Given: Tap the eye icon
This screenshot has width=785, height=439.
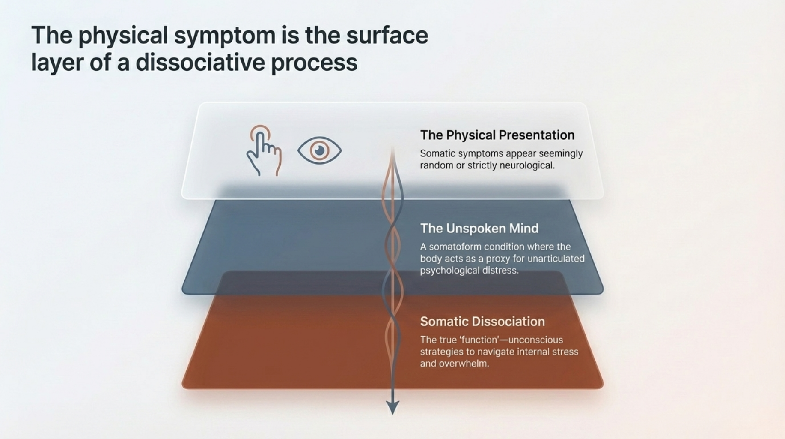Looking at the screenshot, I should click(x=319, y=150).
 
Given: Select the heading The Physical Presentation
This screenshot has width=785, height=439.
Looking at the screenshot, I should click(x=497, y=135).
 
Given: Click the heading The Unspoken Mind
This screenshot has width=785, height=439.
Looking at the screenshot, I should click(x=479, y=228).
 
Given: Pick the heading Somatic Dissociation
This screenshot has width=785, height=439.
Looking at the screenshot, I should click(x=482, y=321).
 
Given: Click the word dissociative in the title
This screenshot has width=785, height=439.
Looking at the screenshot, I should click(x=200, y=63).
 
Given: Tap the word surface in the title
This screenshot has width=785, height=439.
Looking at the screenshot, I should click(x=387, y=35).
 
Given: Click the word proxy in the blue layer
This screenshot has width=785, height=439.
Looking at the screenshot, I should click(x=497, y=259).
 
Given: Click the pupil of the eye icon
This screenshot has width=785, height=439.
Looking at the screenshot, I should click(x=319, y=150).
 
